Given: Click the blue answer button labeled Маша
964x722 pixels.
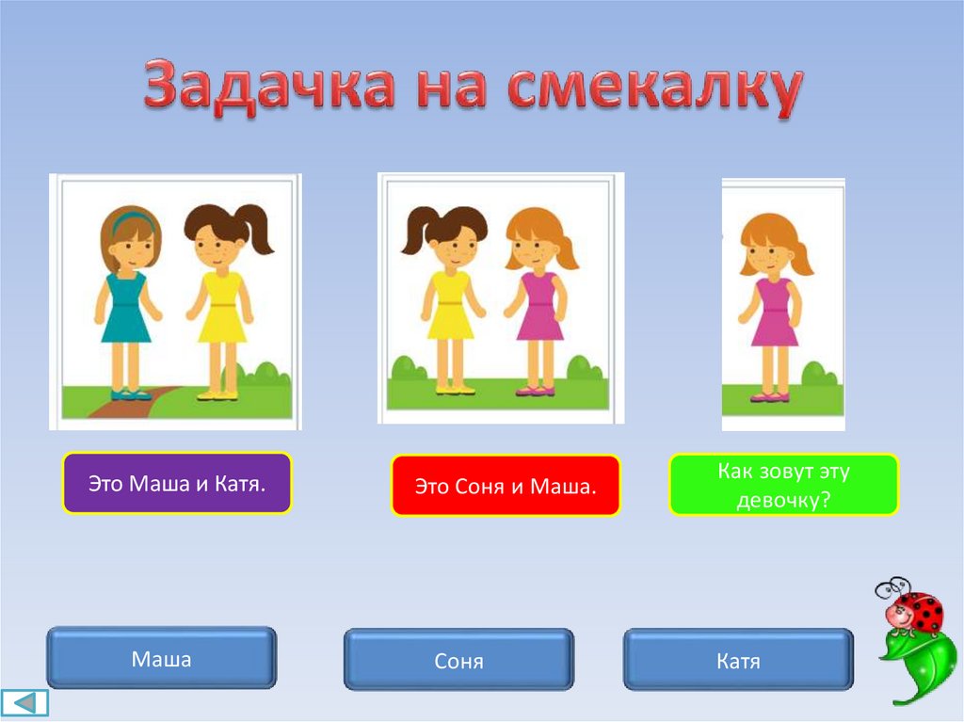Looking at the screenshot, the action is click(x=162, y=657).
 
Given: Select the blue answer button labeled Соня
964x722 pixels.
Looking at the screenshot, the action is click(x=458, y=659).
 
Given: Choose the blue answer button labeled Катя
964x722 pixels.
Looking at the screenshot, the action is click(x=738, y=659).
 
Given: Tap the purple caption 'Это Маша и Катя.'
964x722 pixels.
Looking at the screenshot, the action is click(x=177, y=484).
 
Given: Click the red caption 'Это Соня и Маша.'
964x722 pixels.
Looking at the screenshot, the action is click(x=506, y=486).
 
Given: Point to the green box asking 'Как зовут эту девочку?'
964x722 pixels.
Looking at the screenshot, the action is click(x=784, y=485).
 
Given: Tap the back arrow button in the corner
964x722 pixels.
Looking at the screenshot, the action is click(x=24, y=703).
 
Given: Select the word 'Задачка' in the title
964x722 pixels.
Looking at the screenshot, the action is click(x=268, y=87).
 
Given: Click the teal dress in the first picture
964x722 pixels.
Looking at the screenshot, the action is click(x=125, y=307).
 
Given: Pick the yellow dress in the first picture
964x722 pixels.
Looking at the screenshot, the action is click(x=221, y=307).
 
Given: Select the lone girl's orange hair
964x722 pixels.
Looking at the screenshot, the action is click(x=776, y=242).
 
